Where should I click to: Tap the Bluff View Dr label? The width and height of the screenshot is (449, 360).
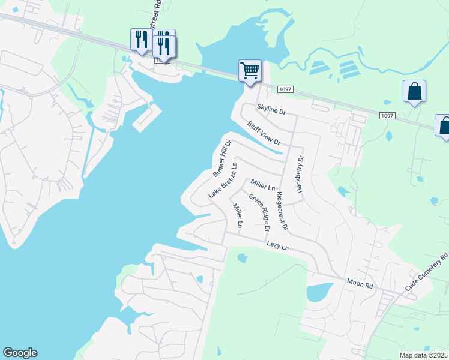264,133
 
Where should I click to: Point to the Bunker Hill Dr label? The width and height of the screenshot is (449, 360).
222,158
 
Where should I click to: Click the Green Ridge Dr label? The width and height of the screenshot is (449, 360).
260,212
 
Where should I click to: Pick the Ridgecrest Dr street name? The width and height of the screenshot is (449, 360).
282,211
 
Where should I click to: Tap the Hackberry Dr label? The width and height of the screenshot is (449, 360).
300,175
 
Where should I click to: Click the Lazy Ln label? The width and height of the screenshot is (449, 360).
278,245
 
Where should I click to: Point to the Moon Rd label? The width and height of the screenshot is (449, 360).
360,284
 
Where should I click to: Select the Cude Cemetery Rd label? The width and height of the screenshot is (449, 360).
427,273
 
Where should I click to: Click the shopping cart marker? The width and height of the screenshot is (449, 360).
249,70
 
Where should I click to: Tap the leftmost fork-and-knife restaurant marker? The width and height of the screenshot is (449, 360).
140,40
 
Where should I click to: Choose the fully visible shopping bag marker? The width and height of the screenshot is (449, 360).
414,92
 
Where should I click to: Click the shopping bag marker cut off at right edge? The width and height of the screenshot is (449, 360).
444,126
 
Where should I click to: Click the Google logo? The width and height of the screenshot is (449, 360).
20,353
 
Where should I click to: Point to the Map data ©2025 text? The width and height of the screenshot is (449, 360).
423,355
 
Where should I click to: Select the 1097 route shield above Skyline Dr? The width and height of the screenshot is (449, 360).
285,89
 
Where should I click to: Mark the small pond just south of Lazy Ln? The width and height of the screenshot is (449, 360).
242,259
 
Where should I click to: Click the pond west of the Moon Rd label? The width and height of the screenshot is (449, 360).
318,292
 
